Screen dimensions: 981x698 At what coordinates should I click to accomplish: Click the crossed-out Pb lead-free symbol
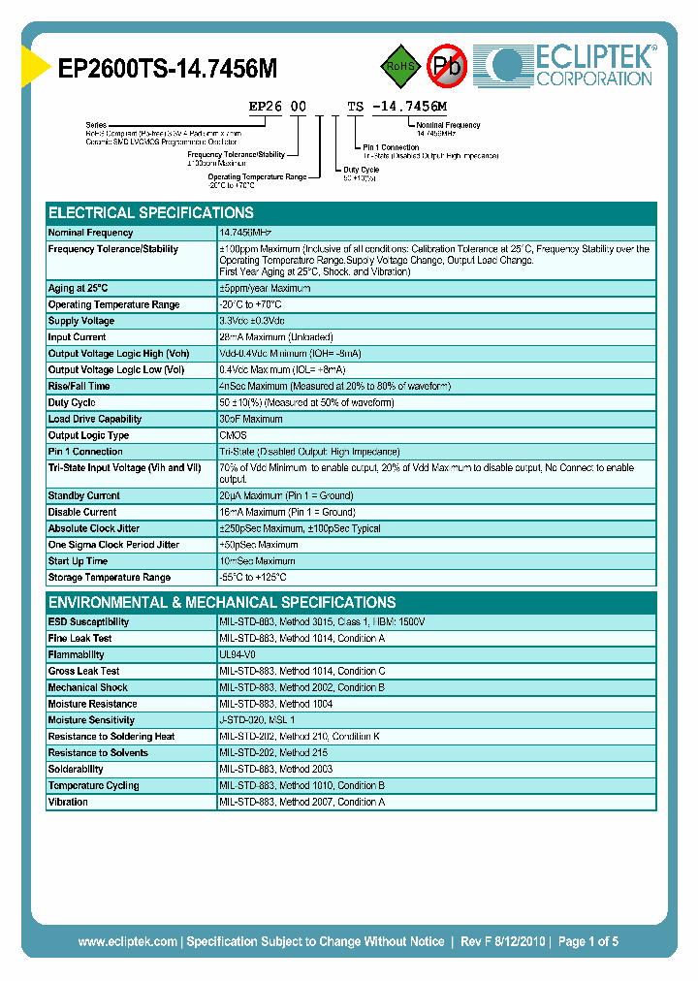(x=448, y=66)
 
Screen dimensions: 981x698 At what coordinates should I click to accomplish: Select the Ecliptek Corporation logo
(x=572, y=66)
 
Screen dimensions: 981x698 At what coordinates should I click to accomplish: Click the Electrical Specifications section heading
(x=151, y=212)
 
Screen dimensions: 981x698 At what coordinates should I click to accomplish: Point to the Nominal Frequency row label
(x=90, y=233)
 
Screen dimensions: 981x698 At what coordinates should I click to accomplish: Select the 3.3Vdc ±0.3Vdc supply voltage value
(x=252, y=321)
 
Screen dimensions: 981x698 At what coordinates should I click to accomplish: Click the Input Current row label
(x=79, y=337)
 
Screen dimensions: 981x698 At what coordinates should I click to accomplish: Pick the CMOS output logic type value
(x=233, y=435)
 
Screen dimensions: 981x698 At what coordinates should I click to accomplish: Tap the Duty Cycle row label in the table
(x=72, y=402)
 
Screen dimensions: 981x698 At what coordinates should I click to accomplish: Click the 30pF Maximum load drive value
(x=251, y=419)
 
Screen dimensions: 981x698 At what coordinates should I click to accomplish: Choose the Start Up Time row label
(x=78, y=561)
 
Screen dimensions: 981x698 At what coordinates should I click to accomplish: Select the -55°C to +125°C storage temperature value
(x=260, y=578)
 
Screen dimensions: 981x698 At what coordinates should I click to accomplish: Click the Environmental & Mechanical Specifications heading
(x=222, y=602)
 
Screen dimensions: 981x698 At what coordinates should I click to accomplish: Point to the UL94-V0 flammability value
(x=238, y=654)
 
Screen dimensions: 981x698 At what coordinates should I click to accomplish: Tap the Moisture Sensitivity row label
(x=92, y=720)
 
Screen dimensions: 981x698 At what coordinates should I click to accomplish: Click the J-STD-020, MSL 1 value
(x=257, y=720)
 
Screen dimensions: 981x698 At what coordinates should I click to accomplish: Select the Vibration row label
(x=68, y=803)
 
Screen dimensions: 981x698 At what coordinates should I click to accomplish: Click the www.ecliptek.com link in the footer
(x=127, y=941)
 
